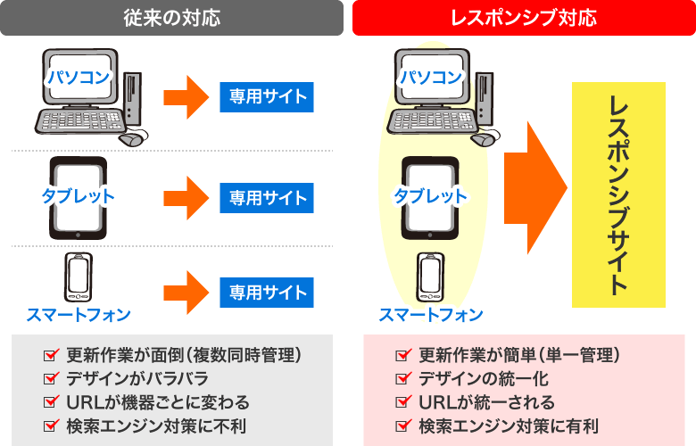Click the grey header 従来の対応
coord(172,18)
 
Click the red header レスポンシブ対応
coord(524,18)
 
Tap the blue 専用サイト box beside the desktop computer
coord(267,97)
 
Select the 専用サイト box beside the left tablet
coord(267,198)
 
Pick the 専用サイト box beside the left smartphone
coord(267,293)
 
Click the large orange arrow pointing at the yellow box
coord(535,187)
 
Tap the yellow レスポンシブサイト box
coord(618,194)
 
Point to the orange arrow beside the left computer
coord(186,97)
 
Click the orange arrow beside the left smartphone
coord(186,293)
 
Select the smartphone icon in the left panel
coord(79,277)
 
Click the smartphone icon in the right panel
coord(431,277)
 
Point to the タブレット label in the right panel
coord(431,195)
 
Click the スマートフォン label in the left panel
coord(79,315)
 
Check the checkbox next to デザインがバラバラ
coord(52,378)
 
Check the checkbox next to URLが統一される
coord(403,402)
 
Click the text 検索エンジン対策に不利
coord(156,426)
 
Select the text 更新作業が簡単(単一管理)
coord(519,355)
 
